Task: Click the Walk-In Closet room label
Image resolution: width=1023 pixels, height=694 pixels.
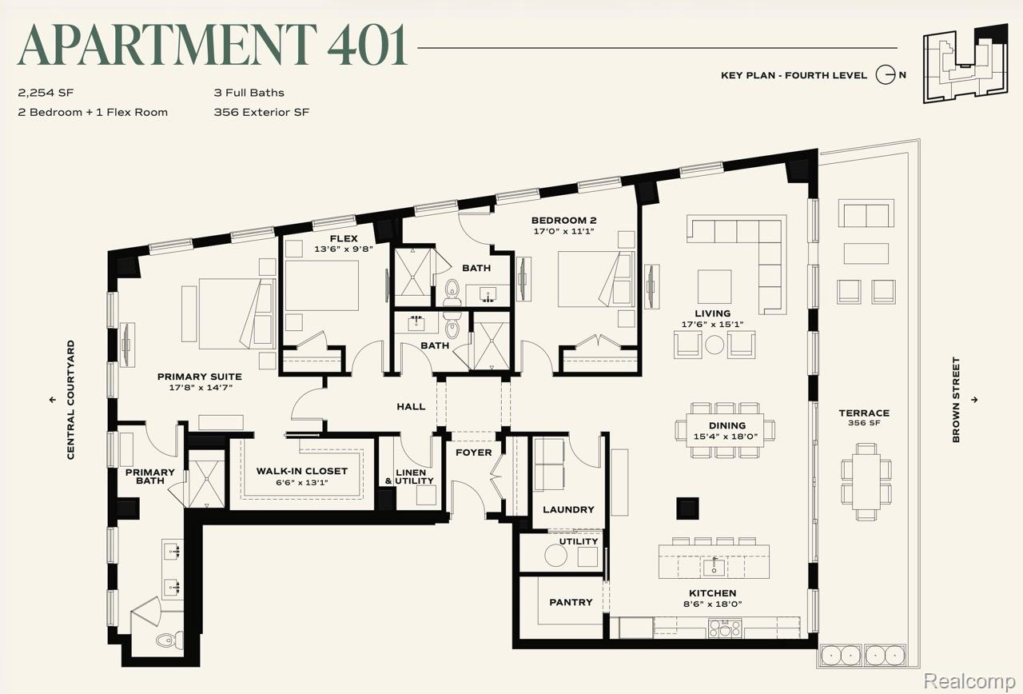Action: coord(302,471)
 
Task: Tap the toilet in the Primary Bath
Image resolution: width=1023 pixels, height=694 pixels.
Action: coord(169,639)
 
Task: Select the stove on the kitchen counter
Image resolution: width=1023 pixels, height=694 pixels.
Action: coord(725,628)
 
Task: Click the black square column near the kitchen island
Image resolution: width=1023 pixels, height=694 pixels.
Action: coord(687,508)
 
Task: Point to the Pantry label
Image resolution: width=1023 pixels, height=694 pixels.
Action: coord(571,602)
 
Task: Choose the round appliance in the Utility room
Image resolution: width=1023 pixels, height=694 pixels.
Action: coord(555,556)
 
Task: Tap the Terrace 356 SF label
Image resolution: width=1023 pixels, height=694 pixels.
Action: coord(864,417)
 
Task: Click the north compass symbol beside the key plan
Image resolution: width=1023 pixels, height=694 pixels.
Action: coord(885,75)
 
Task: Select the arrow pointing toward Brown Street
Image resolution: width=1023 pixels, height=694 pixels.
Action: coord(974,400)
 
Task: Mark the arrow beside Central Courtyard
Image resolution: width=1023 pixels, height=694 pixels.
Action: coord(53,400)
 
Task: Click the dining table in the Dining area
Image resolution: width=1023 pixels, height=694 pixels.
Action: coord(725,430)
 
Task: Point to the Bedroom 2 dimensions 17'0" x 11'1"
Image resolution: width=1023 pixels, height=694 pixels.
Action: coord(563,231)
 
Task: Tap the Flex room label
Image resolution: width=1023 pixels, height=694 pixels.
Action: coord(344,238)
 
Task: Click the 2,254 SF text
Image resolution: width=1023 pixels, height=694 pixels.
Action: coord(46,93)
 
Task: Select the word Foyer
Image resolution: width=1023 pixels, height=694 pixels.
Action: coord(474,453)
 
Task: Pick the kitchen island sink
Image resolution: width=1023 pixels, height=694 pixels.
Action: coord(714,567)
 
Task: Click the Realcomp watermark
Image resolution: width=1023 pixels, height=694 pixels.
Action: coord(969,680)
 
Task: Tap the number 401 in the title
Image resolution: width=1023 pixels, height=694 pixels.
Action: coord(367,46)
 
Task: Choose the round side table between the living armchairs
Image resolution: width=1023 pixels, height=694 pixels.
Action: coord(715,345)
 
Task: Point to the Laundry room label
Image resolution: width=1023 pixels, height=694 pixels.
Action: coord(568,509)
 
